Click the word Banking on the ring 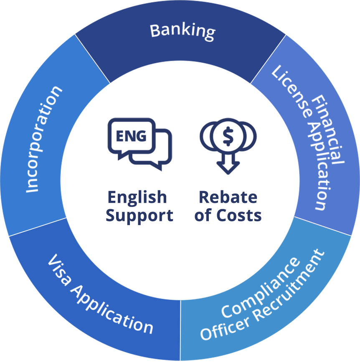(183, 31)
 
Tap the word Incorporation (43, 139)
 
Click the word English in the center (137, 197)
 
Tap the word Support (139, 215)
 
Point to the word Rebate (228, 197)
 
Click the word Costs (239, 215)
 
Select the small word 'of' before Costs (203, 215)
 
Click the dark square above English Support (140, 145)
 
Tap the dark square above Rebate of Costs (228, 146)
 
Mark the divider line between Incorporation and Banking (92, 59)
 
